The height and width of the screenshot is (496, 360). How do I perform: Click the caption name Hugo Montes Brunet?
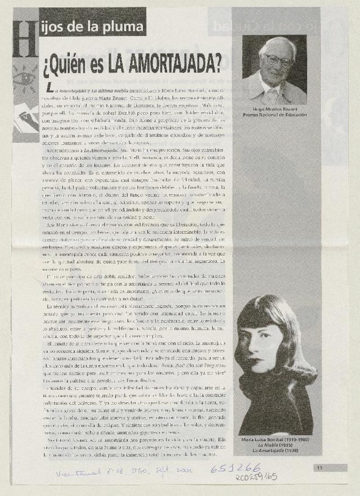(275, 109)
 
